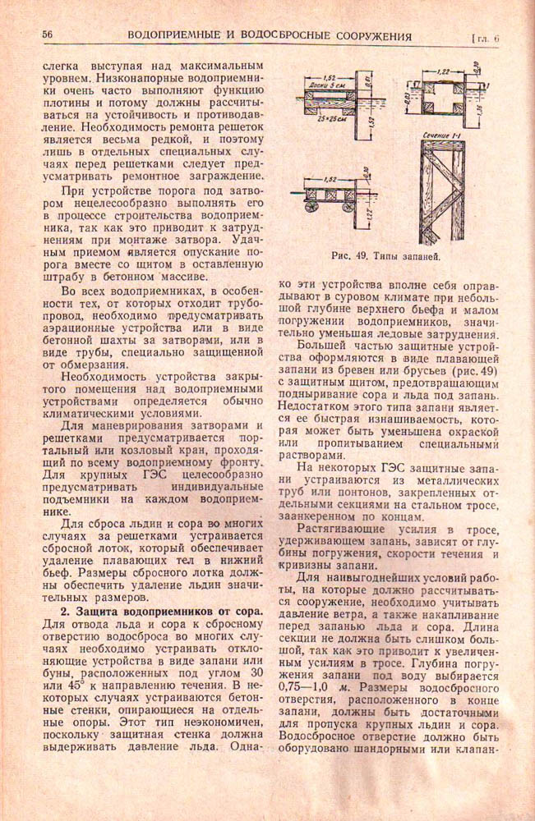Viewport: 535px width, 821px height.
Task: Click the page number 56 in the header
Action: click(x=48, y=35)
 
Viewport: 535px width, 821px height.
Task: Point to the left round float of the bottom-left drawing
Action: click(x=311, y=207)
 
